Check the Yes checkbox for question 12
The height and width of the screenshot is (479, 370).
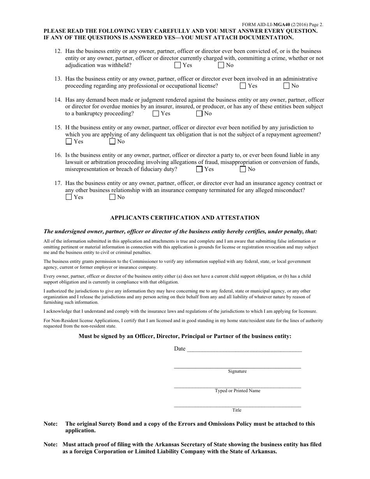click(178, 65)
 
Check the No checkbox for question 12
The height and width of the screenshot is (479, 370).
click(221, 65)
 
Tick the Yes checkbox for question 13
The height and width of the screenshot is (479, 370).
click(243, 86)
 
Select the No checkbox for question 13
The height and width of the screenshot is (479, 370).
click(287, 86)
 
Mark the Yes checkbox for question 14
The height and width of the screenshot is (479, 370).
click(156, 114)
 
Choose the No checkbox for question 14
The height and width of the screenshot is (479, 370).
click(199, 114)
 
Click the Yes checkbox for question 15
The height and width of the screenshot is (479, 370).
click(69, 142)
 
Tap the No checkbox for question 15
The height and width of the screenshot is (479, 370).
click(113, 142)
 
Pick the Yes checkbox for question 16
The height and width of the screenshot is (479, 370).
click(199, 169)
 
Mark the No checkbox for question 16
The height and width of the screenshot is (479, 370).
click(243, 169)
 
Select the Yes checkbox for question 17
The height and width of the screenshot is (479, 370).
click(69, 197)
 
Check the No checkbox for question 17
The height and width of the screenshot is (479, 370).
click(113, 197)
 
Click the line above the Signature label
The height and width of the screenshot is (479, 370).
click(237, 366)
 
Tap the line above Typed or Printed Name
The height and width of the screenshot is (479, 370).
click(237, 386)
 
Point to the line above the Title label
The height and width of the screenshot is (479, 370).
click(237, 406)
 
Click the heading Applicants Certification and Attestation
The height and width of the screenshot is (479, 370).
click(185, 218)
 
